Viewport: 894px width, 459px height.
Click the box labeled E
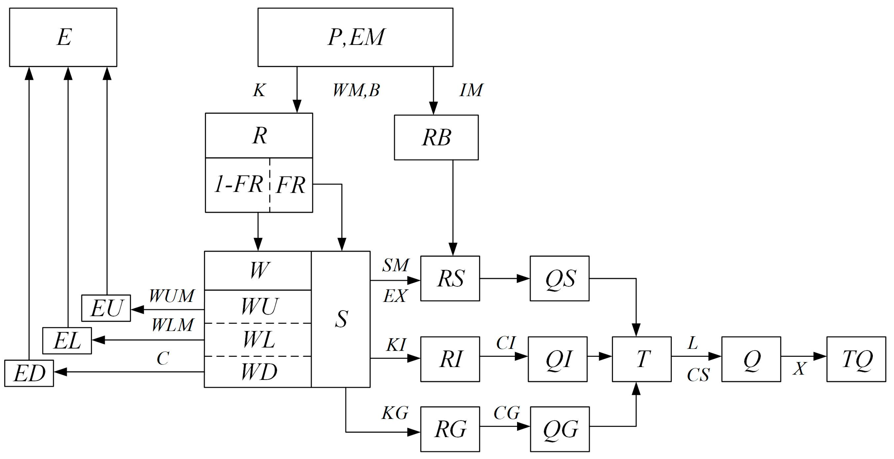[x=63, y=37]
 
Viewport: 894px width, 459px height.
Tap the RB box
[x=436, y=138]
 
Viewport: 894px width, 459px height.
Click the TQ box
[x=856, y=359]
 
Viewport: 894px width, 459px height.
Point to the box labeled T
[x=641, y=359]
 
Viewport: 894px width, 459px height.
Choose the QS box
[x=559, y=278]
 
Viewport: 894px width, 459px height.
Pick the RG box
[x=450, y=429]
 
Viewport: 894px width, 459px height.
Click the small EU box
[x=106, y=308]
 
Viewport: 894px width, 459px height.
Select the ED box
[x=29, y=373]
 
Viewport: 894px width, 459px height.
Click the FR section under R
[x=291, y=185]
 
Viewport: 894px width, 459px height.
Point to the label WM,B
[x=356, y=91]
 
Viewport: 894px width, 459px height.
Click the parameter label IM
[x=471, y=91]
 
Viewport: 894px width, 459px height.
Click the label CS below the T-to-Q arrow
[x=698, y=375]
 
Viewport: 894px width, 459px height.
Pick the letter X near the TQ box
[x=799, y=369]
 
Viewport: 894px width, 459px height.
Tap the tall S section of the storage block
[x=341, y=319]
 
